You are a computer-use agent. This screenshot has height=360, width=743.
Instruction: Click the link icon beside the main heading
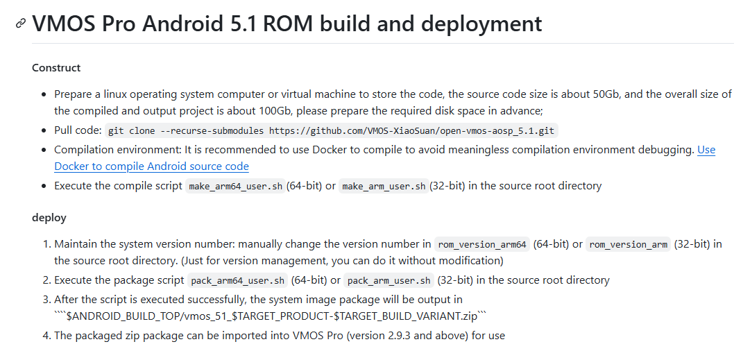21,25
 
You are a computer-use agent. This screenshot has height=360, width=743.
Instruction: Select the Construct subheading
56,68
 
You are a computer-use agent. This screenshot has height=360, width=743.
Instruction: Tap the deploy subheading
49,218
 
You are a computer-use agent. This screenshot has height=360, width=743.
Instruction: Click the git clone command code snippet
332,130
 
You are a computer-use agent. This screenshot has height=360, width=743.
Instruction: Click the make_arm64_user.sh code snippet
235,186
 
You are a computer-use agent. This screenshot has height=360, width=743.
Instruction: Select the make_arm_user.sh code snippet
383,186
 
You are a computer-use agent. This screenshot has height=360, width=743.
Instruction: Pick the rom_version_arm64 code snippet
482,244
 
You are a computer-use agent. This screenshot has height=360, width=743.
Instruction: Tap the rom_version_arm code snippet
628,244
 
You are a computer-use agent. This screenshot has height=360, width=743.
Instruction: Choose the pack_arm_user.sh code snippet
389,280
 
